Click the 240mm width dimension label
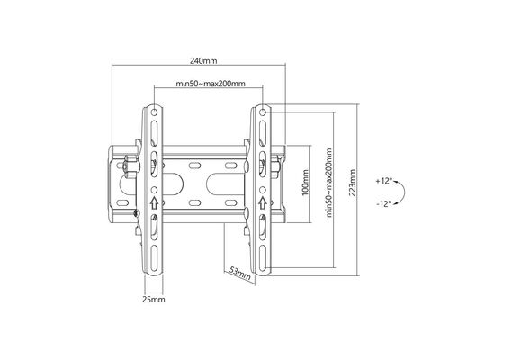(x=203, y=61)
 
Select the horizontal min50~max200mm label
(x=211, y=84)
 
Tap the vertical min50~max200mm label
(x=328, y=183)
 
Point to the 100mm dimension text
(x=305, y=183)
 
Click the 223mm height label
(x=352, y=183)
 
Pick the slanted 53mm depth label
(x=239, y=273)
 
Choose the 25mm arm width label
(x=153, y=300)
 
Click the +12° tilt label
(x=383, y=181)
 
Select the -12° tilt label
(x=383, y=204)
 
